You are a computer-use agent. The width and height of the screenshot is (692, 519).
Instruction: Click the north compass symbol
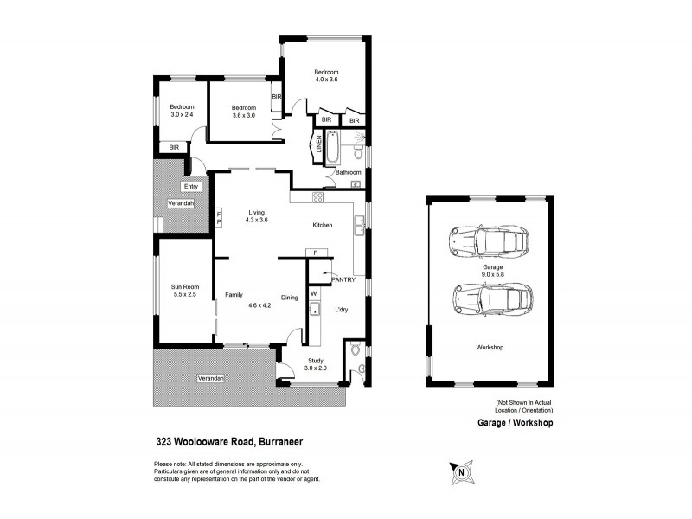[462, 472]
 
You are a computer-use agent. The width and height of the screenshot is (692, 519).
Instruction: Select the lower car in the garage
[490, 299]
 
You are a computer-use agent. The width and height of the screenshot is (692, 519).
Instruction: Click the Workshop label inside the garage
[490, 347]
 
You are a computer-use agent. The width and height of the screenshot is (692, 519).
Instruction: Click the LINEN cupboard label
[319, 145]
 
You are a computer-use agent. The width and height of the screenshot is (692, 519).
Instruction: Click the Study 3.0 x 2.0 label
[317, 365]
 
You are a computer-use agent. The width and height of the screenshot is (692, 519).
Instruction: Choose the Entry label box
[190, 186]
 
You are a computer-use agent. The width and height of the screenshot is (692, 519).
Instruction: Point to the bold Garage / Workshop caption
[515, 424]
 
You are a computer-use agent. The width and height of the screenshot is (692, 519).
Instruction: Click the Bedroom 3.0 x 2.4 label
[182, 111]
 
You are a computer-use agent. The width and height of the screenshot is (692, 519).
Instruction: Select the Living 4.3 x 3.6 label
[257, 216]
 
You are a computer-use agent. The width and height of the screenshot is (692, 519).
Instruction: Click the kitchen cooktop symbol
[317, 196]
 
